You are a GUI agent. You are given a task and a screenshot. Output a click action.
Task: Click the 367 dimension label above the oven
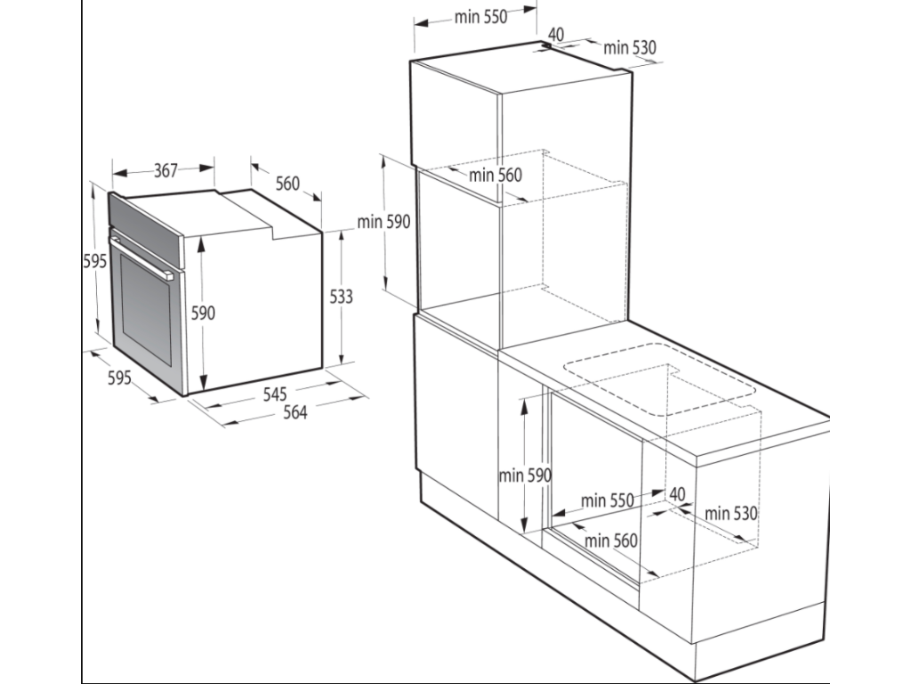(165, 170)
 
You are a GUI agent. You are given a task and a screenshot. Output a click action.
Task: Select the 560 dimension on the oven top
(287, 183)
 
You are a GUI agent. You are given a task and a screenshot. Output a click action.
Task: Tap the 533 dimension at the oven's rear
(341, 297)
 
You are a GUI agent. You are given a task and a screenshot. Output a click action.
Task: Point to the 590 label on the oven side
(203, 313)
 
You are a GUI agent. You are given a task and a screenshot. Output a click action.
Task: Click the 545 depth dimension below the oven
(275, 395)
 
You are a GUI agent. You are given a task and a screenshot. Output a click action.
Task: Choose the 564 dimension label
(294, 412)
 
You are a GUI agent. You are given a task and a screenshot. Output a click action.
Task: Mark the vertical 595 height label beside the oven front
(94, 261)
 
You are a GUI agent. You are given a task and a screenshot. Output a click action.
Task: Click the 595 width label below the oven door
(120, 378)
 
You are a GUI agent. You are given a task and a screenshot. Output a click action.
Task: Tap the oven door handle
(141, 254)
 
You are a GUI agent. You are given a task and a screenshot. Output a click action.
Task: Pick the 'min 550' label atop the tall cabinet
(480, 17)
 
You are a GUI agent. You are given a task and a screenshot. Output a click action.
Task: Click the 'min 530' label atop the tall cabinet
(630, 47)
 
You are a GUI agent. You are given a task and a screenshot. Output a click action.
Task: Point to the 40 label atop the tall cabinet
(555, 35)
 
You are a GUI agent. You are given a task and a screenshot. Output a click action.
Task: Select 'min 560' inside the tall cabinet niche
(495, 175)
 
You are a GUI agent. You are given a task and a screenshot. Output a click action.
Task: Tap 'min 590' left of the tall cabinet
(383, 222)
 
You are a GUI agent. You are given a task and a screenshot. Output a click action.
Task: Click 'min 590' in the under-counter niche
(525, 476)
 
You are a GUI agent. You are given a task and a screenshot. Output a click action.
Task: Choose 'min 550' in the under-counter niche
(607, 501)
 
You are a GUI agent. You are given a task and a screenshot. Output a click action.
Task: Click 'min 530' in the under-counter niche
(731, 513)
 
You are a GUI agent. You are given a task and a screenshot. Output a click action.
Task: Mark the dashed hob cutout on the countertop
(659, 379)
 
